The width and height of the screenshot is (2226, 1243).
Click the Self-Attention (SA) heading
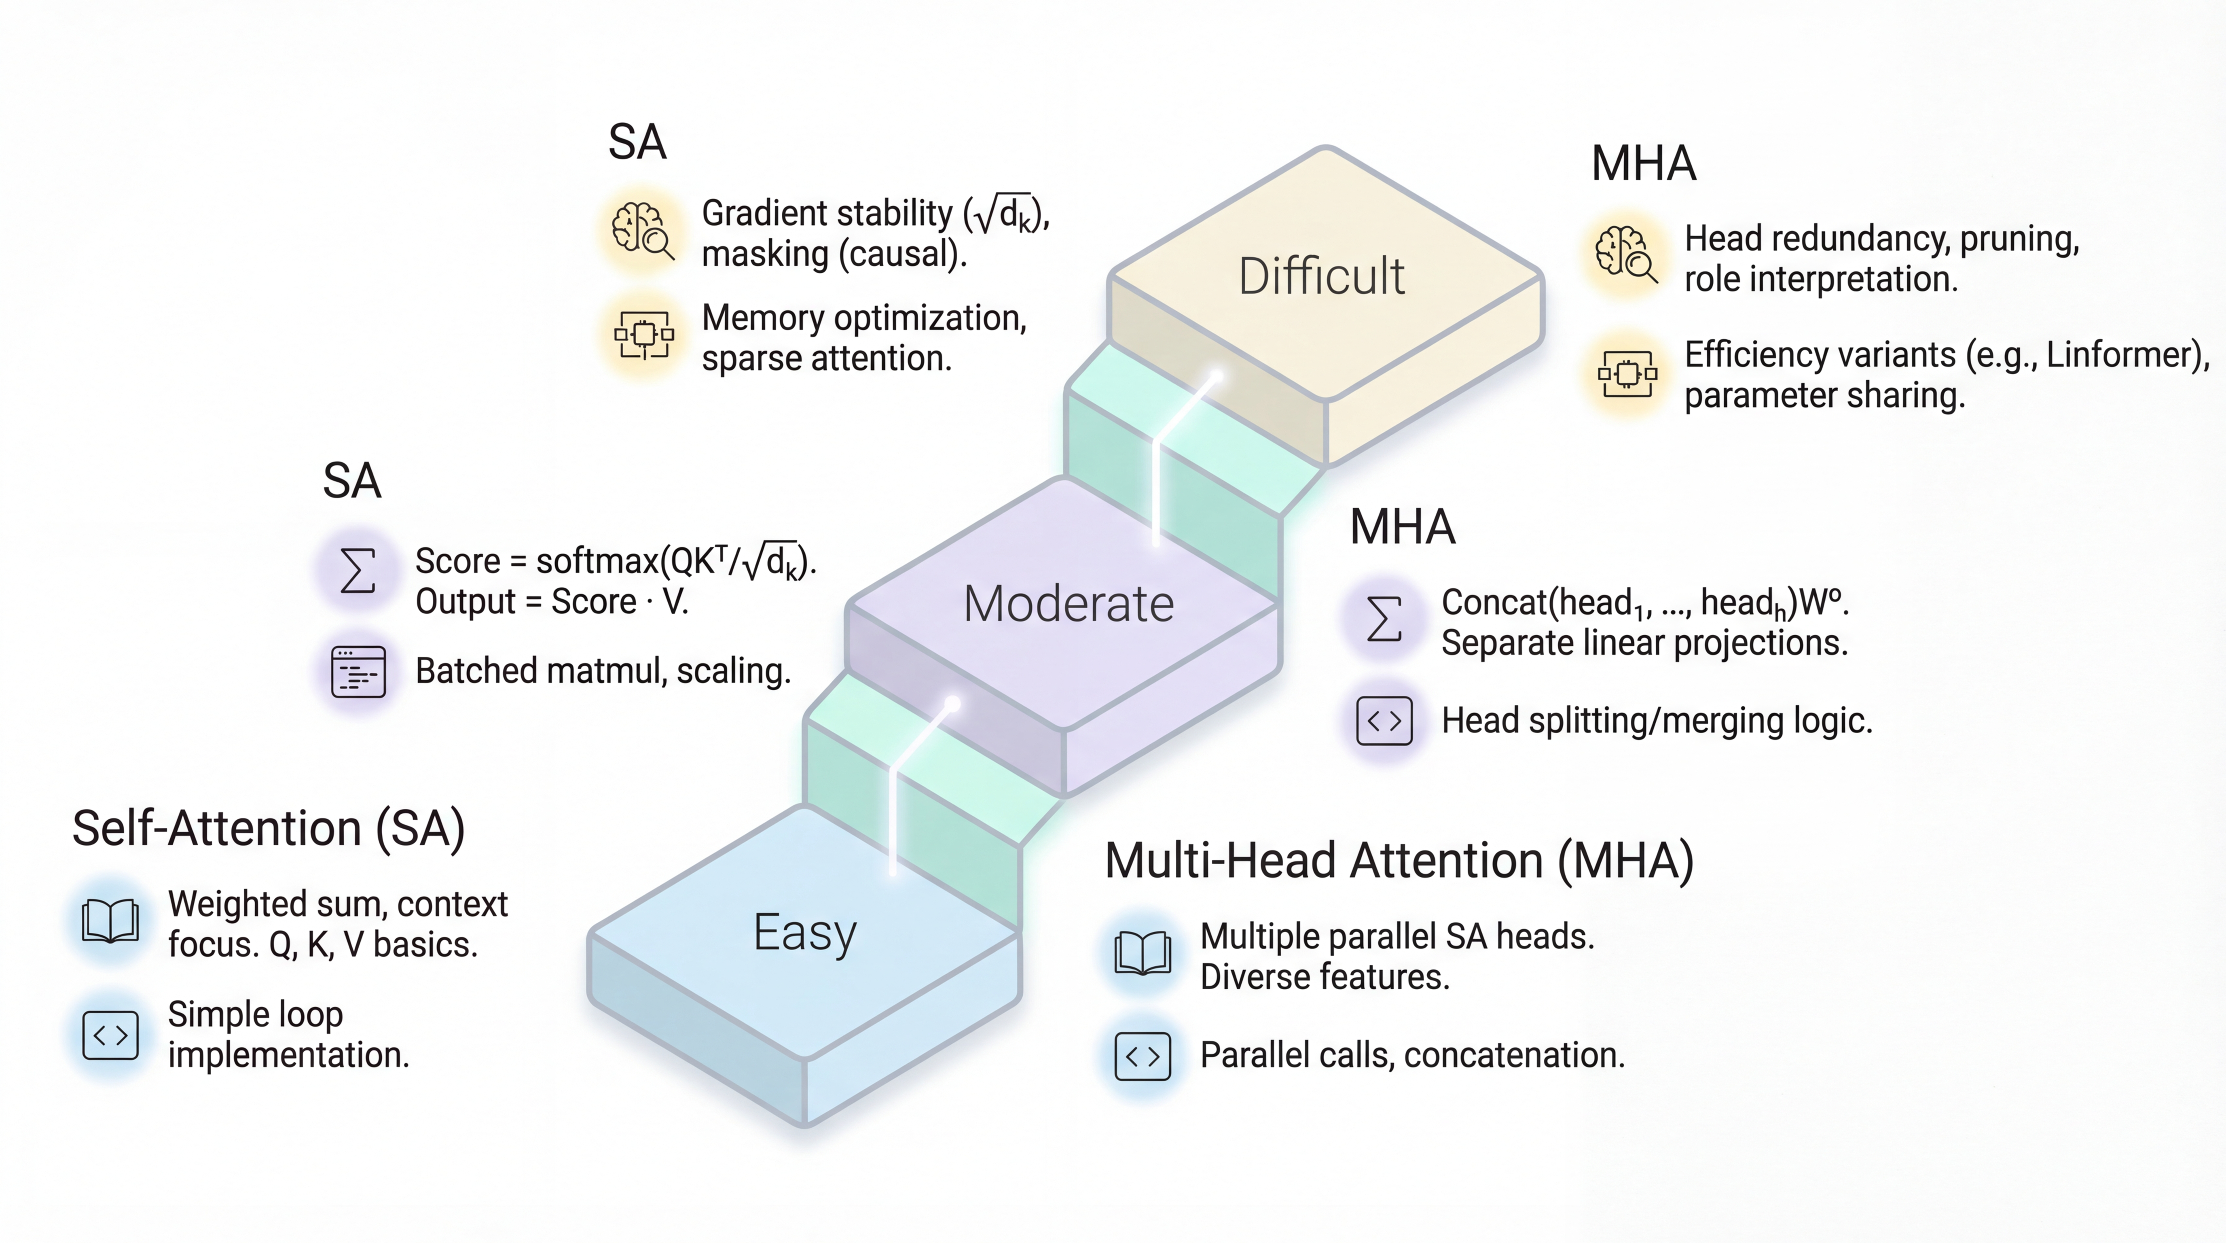[x=269, y=828]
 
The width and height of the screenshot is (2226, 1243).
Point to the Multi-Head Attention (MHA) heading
[x=1399, y=861]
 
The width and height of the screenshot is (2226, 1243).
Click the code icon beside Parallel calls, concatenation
[x=1143, y=1055]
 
